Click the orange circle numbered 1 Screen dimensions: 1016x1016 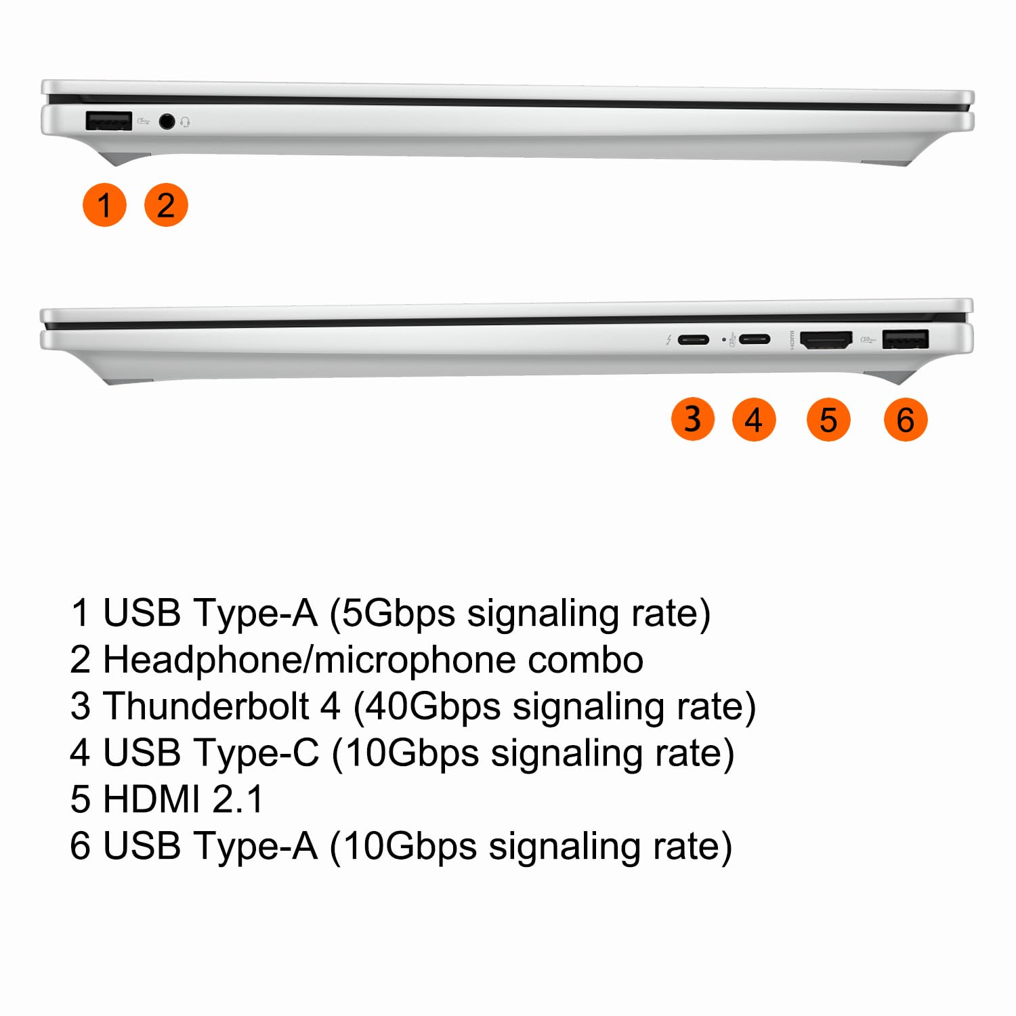(x=104, y=205)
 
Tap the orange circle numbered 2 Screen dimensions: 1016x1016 (x=166, y=205)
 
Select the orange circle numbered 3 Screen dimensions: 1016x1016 (x=692, y=419)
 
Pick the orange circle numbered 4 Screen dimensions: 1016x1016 (x=754, y=419)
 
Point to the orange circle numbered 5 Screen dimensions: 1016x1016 (x=828, y=419)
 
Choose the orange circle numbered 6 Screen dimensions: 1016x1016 (x=906, y=419)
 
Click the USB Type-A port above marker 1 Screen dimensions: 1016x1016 (x=109, y=121)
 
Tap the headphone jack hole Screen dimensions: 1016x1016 (x=167, y=122)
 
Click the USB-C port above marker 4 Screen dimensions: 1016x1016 (x=754, y=339)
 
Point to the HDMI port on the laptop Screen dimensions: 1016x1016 (x=826, y=340)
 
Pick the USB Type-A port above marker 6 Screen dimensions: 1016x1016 (x=906, y=339)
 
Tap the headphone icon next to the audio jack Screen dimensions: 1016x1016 (x=185, y=123)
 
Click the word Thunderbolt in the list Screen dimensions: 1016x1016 (x=206, y=706)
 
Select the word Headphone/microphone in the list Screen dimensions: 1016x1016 (x=310, y=660)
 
